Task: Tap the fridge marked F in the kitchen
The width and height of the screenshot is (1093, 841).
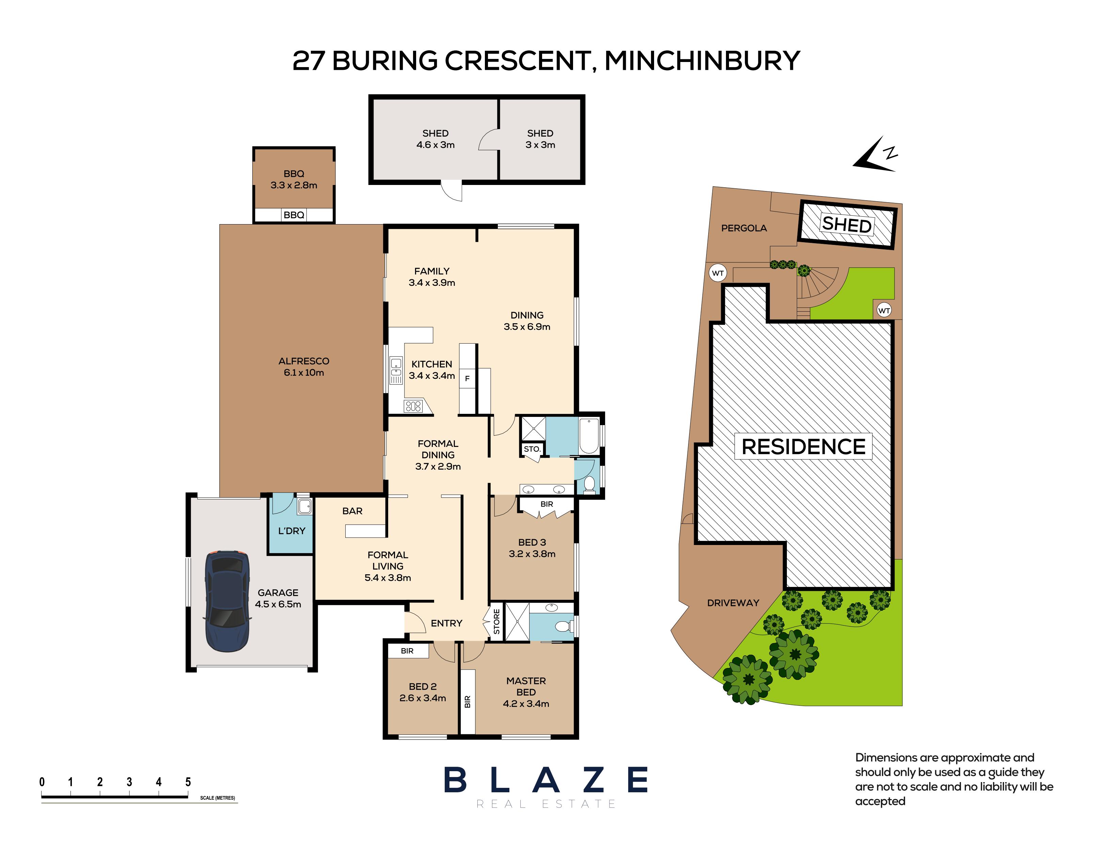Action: point(468,378)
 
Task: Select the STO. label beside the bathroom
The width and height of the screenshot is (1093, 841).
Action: point(532,449)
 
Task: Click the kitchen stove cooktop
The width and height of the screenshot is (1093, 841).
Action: point(413,406)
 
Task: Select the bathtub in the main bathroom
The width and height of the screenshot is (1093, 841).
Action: point(588,436)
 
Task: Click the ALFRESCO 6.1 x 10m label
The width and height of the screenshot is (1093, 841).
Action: point(304,367)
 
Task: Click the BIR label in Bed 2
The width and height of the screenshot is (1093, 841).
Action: point(407,651)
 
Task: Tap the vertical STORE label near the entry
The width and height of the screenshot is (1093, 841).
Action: point(496,622)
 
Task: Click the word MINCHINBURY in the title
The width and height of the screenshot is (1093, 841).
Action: point(702,61)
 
